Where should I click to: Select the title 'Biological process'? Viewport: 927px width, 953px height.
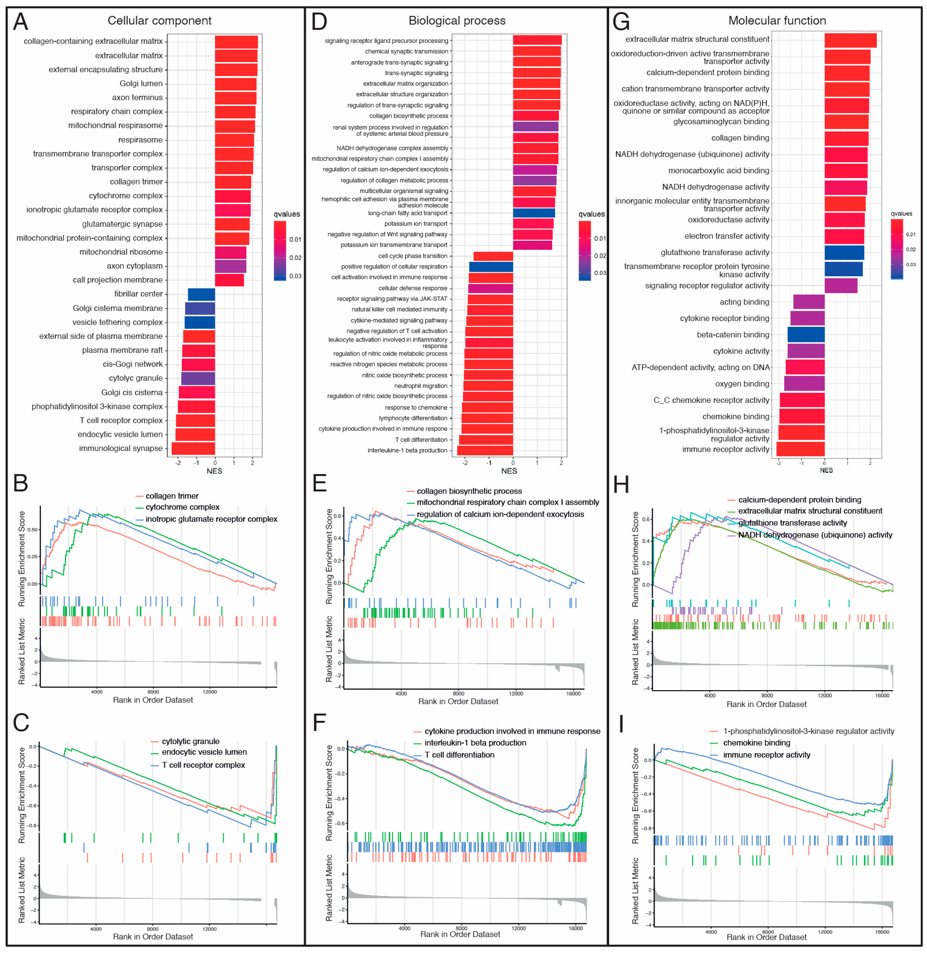[x=457, y=20]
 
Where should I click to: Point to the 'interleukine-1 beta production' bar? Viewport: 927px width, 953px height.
[x=485, y=450]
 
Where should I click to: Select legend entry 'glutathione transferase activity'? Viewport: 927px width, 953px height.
[x=792, y=523]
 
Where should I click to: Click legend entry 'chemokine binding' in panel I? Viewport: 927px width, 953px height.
[x=756, y=743]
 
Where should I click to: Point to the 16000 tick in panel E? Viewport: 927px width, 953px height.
[x=574, y=693]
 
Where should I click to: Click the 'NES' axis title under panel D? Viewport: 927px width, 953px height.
[x=509, y=471]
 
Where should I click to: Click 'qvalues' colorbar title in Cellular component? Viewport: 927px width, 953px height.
[x=287, y=214]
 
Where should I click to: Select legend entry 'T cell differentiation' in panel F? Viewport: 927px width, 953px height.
[x=459, y=755]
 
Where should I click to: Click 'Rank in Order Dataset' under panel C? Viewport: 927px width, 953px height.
[x=153, y=936]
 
